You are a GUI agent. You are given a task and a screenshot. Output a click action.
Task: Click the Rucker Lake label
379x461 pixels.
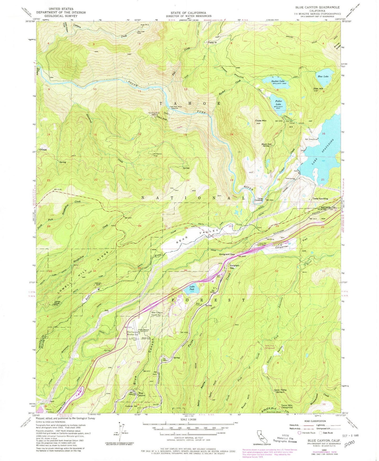tap(278, 81)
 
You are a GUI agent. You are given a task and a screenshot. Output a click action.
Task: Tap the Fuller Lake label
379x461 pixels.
tap(278, 103)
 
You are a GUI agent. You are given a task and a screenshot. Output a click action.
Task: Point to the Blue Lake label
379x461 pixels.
tap(323, 76)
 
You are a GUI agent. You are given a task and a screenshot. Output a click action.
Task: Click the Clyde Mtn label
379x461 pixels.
tap(260, 121)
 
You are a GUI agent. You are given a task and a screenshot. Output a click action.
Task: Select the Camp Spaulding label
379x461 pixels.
tap(320, 199)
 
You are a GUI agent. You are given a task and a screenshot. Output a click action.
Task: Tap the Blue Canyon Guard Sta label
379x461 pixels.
tap(157, 314)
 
